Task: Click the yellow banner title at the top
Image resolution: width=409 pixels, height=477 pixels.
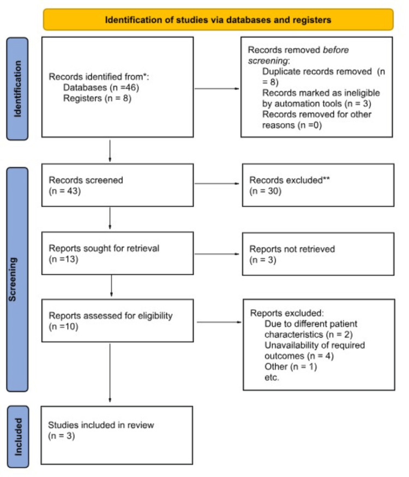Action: point(218,20)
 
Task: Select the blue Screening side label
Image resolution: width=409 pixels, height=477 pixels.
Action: point(17,279)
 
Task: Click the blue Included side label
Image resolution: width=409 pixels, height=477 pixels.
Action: point(17,435)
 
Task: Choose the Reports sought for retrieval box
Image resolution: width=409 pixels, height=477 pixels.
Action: point(117,254)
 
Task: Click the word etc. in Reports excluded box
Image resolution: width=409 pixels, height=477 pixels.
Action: point(271,376)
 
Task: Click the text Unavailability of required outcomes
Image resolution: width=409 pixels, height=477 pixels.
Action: point(314,351)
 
